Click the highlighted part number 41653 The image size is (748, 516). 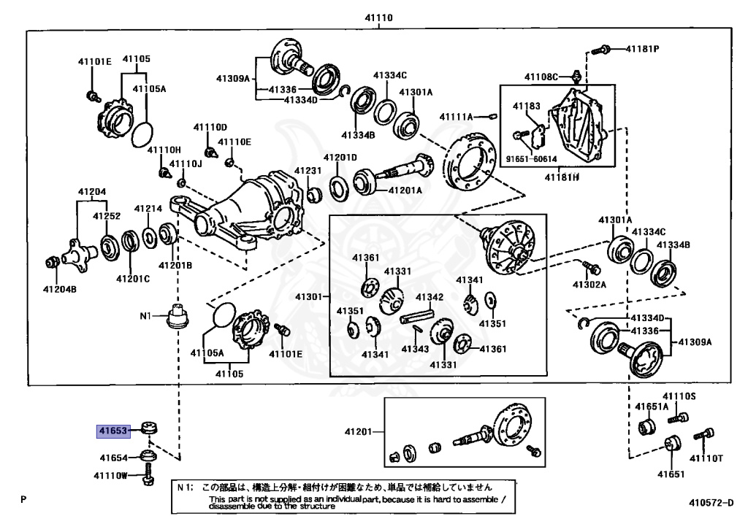(113, 431)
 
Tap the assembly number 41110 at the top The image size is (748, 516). (379, 18)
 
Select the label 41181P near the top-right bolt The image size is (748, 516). (642, 49)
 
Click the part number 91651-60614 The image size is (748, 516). (532, 158)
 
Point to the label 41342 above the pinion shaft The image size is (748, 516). (430, 297)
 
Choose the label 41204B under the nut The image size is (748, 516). (60, 289)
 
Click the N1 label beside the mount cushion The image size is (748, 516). (145, 315)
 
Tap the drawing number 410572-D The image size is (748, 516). (711, 503)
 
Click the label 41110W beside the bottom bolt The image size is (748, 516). (111, 475)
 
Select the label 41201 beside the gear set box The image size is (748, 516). (358, 431)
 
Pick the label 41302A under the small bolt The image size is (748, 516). (589, 285)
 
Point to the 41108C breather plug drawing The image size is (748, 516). (576, 77)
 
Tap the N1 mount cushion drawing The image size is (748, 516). (178, 316)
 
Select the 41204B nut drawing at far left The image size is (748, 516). (52, 261)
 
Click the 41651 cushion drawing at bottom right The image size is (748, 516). (672, 444)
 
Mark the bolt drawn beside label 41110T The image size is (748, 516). (704, 434)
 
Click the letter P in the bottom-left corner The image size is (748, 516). (23, 498)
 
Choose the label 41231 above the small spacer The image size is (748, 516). (308, 171)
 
